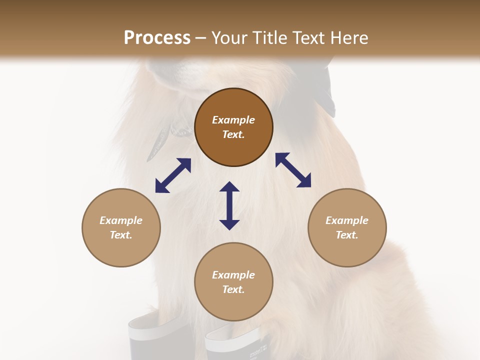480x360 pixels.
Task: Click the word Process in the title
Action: [157, 38]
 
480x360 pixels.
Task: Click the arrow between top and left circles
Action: [173, 175]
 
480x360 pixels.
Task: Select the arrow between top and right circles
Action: [293, 170]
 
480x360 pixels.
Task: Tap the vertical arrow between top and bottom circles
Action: [229, 205]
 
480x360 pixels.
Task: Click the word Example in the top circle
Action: [233, 120]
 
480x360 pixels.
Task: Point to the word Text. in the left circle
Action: [121, 235]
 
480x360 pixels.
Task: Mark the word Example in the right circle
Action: [347, 220]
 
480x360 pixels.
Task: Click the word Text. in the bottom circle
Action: [233, 289]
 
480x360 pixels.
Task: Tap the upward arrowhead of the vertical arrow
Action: [229, 186]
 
